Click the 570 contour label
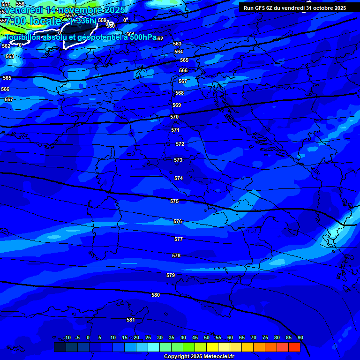174,117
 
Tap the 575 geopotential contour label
174,201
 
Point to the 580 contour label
156,295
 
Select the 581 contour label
131,320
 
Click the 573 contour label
178,160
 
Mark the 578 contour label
176,255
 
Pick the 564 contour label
178,52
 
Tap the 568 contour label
180,93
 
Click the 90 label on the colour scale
300,337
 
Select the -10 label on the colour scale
67,337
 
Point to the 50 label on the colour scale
207,337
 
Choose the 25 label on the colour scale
148,337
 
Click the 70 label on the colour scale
254,337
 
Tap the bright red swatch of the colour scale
294,347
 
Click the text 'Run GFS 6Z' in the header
259,8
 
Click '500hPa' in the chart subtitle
142,37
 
